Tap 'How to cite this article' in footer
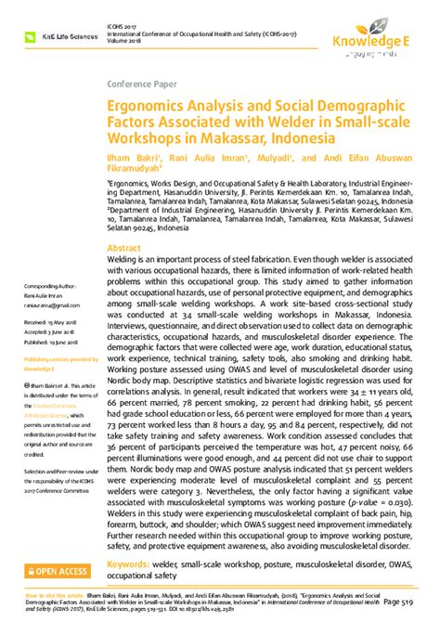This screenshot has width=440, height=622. tap(40, 591)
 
